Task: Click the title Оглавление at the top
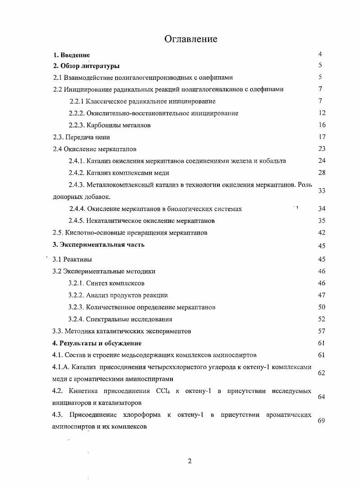coord(191,39)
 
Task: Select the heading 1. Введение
coord(72,55)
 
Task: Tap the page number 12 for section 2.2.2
coord(322,113)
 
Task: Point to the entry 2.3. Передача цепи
coord(81,137)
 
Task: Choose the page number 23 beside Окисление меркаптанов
coord(322,149)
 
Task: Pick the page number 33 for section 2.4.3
coord(322,191)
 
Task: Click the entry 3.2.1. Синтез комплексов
coord(106,283)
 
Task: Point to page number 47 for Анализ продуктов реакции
coord(322,295)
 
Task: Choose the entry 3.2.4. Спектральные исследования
coord(120,319)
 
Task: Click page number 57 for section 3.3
coord(322,331)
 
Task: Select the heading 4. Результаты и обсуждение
coord(97,343)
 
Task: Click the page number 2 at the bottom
coord(190,461)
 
